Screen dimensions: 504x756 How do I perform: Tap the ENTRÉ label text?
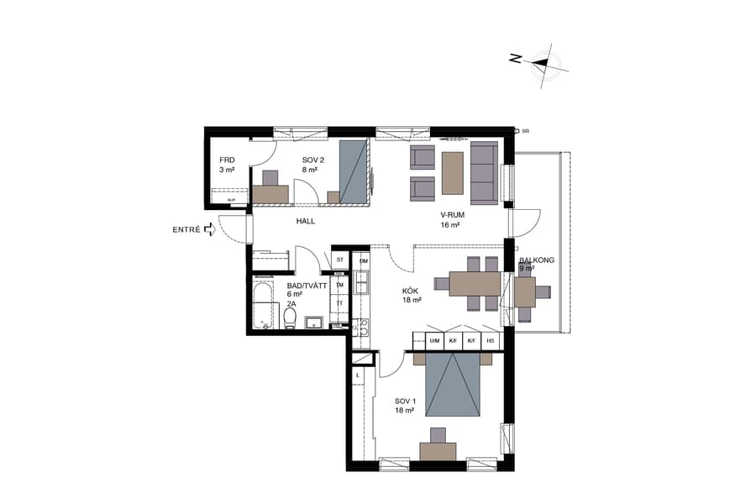[x=186, y=230]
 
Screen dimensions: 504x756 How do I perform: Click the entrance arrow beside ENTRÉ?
[x=208, y=230]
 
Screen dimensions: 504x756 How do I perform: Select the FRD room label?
[x=227, y=165]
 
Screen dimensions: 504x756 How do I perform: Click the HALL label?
[x=305, y=221]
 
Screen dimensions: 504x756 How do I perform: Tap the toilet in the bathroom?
[x=290, y=318]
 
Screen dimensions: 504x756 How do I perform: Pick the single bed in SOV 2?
[x=354, y=172]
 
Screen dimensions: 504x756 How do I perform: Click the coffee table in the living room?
[x=453, y=171]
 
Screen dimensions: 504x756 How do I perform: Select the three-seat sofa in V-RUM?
[x=484, y=173]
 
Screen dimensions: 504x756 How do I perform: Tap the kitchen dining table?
[x=475, y=284]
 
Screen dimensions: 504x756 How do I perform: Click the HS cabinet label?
[x=491, y=341]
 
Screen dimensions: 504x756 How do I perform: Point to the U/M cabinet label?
[x=434, y=341]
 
